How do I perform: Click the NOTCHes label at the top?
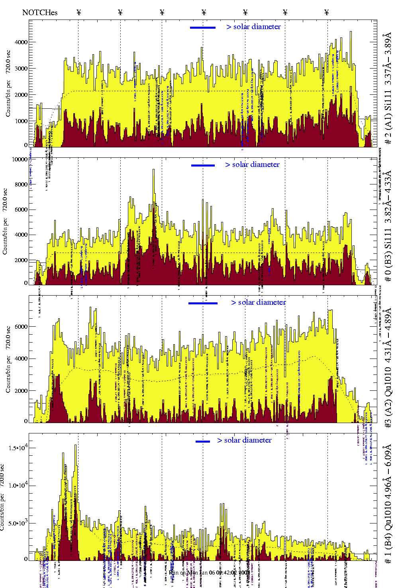40,12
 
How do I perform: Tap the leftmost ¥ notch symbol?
78,12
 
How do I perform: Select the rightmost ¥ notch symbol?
327,12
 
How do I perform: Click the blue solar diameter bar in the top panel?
203,27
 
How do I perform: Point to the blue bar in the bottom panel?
203,441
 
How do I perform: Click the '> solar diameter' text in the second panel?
252,165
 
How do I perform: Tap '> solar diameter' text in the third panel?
258,302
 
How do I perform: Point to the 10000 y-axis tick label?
20,159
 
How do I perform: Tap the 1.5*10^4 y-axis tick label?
18,447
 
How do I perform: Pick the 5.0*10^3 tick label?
18,523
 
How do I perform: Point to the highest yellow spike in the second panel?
153,170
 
